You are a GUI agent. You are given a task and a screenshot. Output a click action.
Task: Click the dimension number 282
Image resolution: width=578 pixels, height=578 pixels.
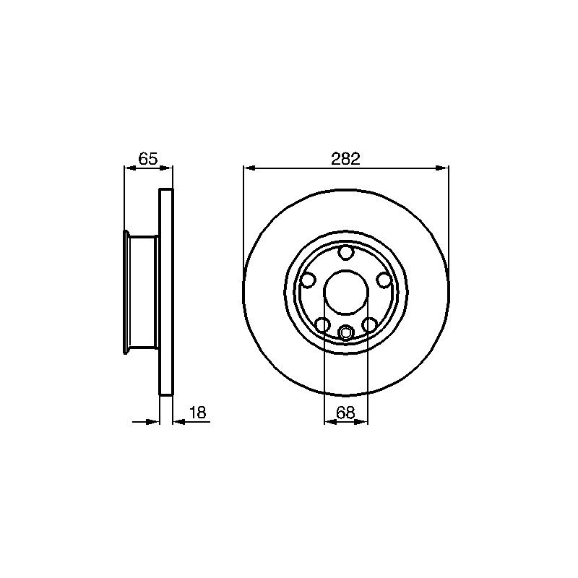pos(345,159)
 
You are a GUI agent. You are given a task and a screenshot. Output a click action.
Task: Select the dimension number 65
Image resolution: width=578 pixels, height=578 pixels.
pos(148,159)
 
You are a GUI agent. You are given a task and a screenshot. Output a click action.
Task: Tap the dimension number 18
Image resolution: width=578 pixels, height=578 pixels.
pos(198,413)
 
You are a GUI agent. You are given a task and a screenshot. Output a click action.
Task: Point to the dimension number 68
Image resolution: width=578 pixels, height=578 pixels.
pos(345,413)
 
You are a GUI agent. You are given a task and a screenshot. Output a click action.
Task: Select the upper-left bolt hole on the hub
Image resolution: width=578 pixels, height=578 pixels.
pos(308,280)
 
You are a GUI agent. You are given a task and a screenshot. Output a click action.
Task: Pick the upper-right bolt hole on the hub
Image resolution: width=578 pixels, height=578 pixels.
pos(384,280)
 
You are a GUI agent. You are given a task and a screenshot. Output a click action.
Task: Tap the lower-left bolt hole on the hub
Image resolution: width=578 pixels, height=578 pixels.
pos(322,324)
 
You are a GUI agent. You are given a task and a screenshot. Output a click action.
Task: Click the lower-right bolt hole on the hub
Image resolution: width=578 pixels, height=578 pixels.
pos(369,324)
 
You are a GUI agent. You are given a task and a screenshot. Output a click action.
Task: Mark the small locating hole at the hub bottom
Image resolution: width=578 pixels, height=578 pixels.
pos(346,332)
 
